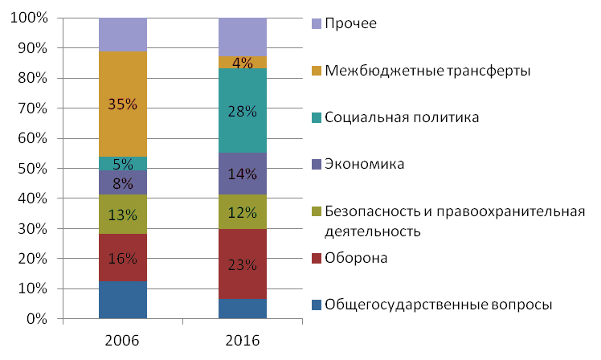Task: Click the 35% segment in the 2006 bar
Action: click(x=123, y=104)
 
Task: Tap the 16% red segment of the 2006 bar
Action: click(x=123, y=258)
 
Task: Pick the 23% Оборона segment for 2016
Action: click(x=243, y=264)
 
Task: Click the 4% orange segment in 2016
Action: click(x=243, y=62)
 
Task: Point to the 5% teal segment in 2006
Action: click(x=123, y=163)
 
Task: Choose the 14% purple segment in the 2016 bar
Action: click(x=243, y=172)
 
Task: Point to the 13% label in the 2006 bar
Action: click(x=123, y=215)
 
